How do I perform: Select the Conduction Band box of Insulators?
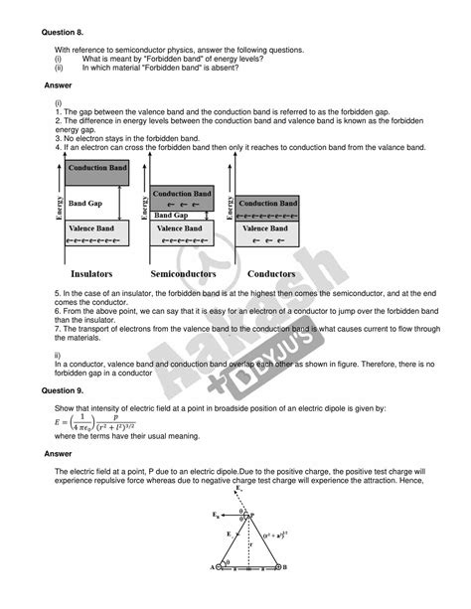(96, 169)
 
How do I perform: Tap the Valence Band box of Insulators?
(96, 233)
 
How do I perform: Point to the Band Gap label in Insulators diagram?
(86, 203)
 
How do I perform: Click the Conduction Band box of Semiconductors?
(182, 196)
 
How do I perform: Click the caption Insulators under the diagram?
(90, 272)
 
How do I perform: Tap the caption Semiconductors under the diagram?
(185, 272)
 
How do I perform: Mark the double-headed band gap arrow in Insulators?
(119, 203)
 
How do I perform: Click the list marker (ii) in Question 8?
(59, 69)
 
